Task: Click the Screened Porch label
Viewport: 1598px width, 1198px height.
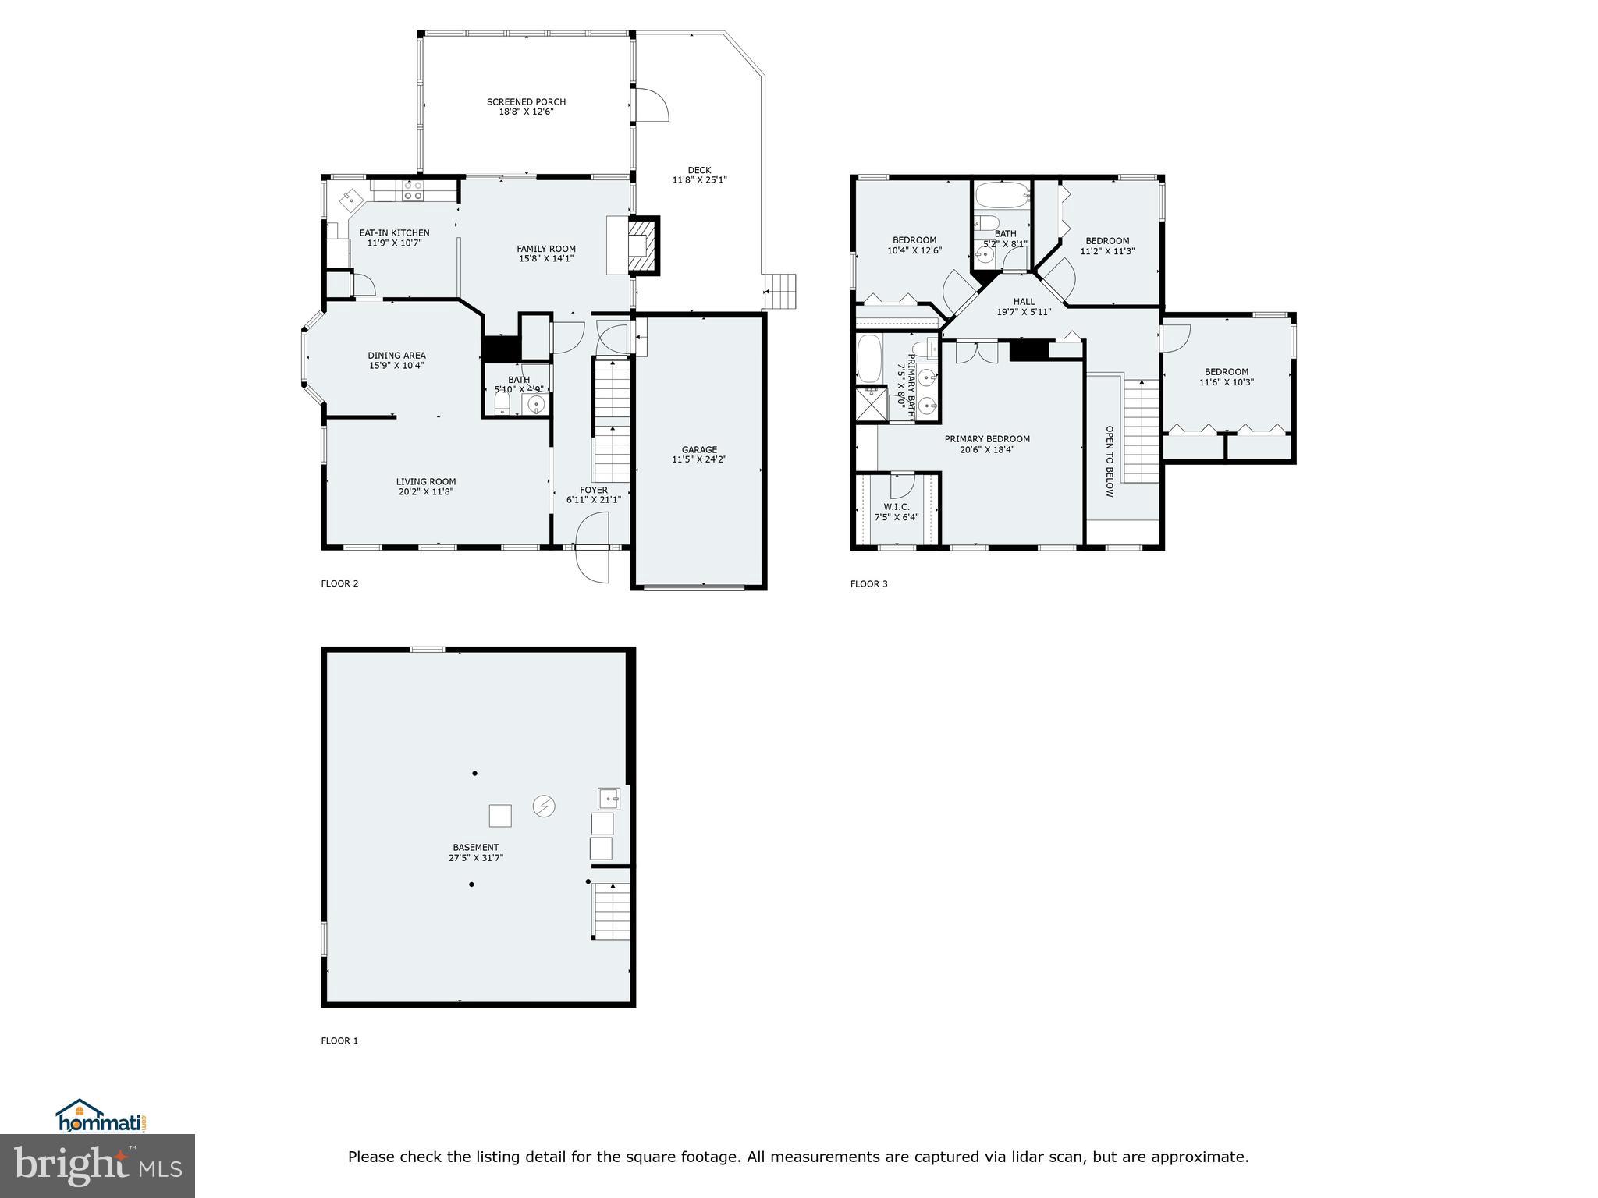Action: tap(526, 102)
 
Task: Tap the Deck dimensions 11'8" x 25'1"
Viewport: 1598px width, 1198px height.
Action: tap(699, 180)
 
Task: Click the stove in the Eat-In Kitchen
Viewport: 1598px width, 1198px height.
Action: tap(414, 190)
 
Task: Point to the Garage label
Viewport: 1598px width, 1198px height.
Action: tap(699, 450)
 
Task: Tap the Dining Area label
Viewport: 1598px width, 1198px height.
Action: tap(396, 356)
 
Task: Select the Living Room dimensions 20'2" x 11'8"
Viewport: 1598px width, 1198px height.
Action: tap(425, 492)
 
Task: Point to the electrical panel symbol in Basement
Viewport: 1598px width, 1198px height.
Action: tap(544, 806)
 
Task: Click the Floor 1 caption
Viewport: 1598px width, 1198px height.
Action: tap(339, 1040)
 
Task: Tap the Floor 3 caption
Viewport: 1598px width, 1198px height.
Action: tap(868, 583)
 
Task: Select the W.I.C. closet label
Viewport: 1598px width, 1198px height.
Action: tap(897, 507)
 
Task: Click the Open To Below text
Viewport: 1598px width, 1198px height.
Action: tap(1109, 461)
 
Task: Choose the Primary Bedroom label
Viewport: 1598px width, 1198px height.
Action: tap(987, 439)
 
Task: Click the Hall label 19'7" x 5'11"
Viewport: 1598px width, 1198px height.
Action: tap(1024, 307)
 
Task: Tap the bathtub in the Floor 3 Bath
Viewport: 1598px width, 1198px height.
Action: tap(1002, 195)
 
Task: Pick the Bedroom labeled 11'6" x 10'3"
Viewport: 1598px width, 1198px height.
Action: tap(1226, 377)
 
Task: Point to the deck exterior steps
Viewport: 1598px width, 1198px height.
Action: tap(780, 292)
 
